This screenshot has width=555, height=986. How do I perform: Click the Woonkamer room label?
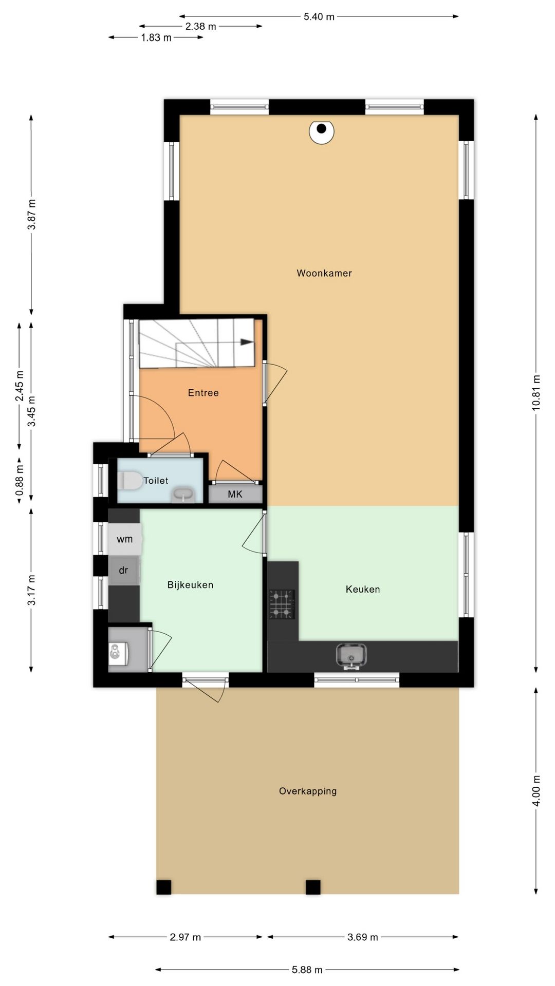324,273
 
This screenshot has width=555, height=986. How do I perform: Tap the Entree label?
203,393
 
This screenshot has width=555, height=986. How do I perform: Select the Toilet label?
156,481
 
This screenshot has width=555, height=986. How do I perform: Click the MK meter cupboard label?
235,494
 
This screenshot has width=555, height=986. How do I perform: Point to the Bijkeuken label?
190,585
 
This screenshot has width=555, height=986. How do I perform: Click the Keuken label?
363,590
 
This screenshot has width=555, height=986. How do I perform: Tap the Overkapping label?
308,791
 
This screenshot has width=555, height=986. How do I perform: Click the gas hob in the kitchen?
282,604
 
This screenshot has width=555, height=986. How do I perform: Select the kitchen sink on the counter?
351,656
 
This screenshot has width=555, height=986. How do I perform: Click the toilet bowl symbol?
130,481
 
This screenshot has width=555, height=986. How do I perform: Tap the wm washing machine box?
124,539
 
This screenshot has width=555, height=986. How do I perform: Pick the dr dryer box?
124,570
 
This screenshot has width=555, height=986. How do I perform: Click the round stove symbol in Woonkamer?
322,131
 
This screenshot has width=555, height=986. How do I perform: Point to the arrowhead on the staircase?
247,342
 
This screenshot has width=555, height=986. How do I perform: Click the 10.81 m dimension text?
536,393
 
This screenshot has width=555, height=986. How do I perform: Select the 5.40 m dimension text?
319,17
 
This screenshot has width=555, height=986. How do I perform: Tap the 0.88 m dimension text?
20,480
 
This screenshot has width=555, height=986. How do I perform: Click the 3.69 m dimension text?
363,937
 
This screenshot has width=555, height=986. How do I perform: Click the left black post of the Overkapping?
163,887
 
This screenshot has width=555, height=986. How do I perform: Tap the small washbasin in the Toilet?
183,495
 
